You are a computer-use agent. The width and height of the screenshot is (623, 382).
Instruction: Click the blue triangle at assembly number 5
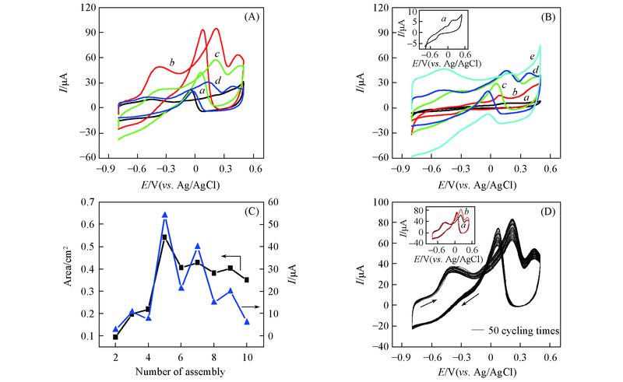pyautogui.click(x=164, y=215)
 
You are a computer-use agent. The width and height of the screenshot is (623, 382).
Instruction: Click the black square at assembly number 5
pyautogui.click(x=164, y=237)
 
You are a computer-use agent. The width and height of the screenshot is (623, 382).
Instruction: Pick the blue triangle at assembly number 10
pyautogui.click(x=247, y=321)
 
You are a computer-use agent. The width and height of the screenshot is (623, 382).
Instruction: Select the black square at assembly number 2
pyautogui.click(x=115, y=337)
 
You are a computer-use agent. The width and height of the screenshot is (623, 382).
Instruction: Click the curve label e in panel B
pyautogui.click(x=532, y=57)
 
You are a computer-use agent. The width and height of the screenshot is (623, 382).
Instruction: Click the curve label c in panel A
pyautogui.click(x=217, y=54)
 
